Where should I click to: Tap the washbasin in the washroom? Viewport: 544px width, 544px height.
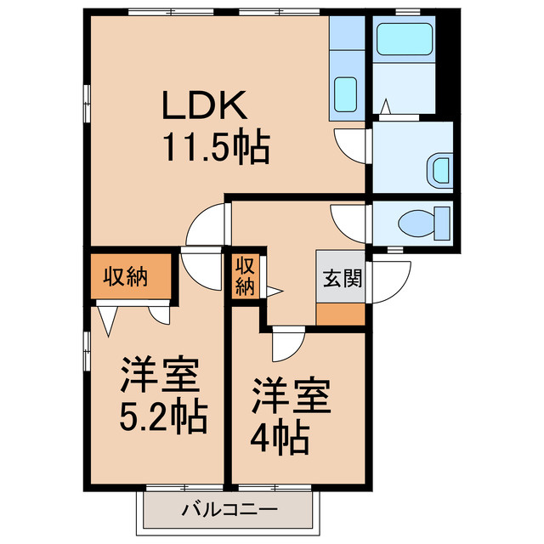pos(439,168)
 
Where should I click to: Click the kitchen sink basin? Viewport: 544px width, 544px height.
pos(345,93)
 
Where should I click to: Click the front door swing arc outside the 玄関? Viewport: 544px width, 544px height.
pos(382,280)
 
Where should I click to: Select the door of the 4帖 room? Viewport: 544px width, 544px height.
pos(286,343)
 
